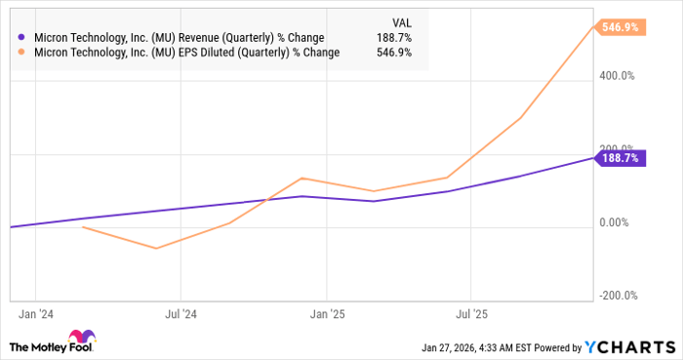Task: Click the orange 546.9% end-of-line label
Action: pos(620,28)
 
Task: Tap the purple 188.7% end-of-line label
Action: pos(620,157)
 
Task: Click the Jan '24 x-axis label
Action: pos(36,315)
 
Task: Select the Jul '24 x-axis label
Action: pos(181,315)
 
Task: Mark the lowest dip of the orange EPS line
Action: pos(155,248)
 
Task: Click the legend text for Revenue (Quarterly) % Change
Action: pos(183,38)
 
